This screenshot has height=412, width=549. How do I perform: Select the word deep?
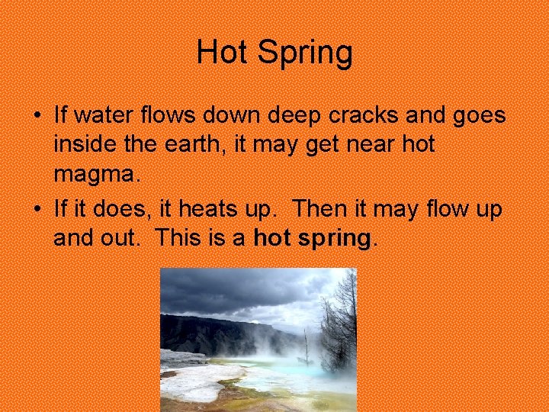coord(291,117)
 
